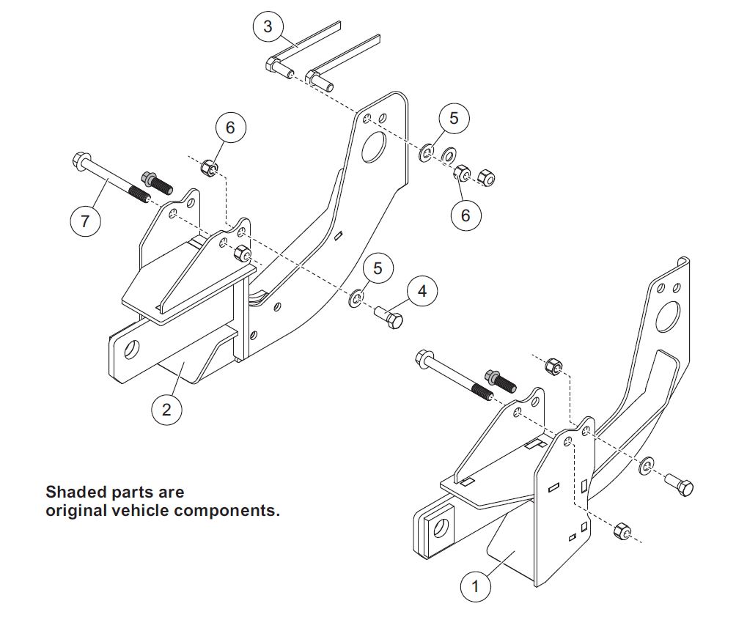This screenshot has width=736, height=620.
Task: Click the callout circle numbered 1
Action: tap(475, 586)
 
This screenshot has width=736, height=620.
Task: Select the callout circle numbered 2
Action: tap(166, 409)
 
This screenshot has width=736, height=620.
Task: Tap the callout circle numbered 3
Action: tap(268, 26)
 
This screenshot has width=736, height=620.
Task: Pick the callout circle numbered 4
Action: tap(422, 291)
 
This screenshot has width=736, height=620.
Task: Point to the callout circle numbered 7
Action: tap(86, 221)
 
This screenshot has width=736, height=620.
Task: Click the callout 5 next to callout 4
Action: tap(378, 268)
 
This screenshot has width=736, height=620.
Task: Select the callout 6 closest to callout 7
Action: tap(230, 127)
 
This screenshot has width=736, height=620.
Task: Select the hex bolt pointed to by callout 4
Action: tap(389, 318)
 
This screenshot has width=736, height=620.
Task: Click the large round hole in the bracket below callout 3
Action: tap(374, 147)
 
